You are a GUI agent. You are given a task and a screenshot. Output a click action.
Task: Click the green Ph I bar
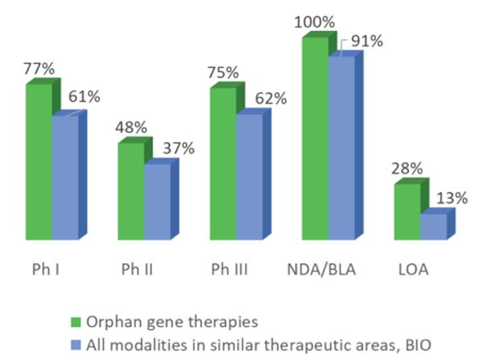tap(39, 161)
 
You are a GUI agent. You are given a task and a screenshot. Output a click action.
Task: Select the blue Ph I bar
tap(65, 177)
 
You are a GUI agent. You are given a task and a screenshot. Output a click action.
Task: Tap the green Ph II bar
tap(130, 191)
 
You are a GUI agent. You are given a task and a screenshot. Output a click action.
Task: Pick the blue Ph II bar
tap(157, 201)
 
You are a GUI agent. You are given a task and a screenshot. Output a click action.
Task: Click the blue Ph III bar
tap(250, 177)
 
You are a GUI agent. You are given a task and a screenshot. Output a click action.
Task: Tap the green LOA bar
tap(407, 211)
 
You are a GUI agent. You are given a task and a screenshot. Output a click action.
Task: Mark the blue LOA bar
tap(433, 226)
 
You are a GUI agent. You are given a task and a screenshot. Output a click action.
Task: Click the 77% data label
tap(39, 69)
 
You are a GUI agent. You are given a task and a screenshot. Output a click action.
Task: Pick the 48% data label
tap(130, 127)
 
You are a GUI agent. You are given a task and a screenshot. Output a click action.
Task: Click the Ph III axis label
tap(229, 271)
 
